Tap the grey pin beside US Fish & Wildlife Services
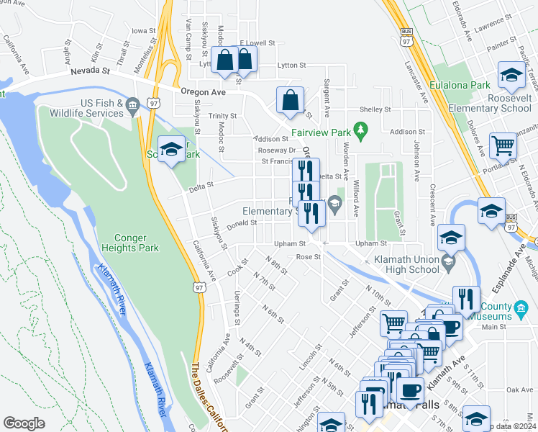pos(132,107)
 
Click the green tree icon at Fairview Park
pos(364,131)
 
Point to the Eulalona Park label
pos(460,85)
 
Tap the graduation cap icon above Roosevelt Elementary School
pos(511,74)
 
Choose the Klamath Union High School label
pos(411,264)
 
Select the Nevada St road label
pos(90,71)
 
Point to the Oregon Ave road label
pos(204,92)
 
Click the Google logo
pos(24,423)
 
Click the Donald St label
pos(243,223)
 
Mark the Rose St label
pos(307,256)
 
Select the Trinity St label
pos(223,116)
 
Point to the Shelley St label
pos(375,109)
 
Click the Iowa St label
pos(144,31)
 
